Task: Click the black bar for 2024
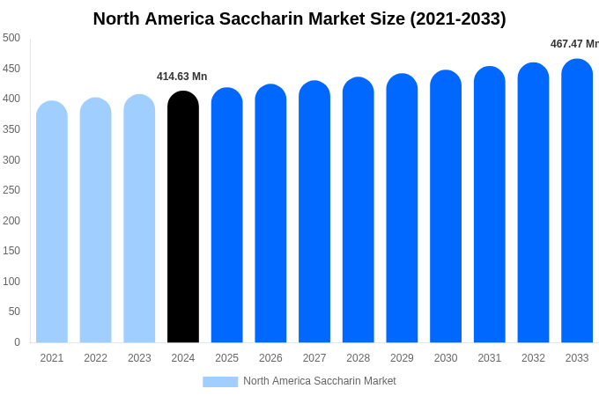pos(183,220)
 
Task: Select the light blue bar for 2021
pos(52,224)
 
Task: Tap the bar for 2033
pos(577,202)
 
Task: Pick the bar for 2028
pos(359,211)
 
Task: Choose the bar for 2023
pos(139,220)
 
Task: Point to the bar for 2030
pos(446,209)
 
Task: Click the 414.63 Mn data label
pos(182,77)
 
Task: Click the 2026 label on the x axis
pos(270,358)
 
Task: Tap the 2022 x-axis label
pos(95,358)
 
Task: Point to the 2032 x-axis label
pos(533,358)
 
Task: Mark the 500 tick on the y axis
pos(11,38)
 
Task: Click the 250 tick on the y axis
pos(11,190)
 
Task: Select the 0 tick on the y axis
pos(17,342)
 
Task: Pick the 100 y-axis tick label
pos(11,282)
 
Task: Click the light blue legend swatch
pos(220,382)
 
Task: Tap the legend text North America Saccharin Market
pos(320,381)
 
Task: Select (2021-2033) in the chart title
pos(458,18)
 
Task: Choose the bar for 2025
pos(226,216)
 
